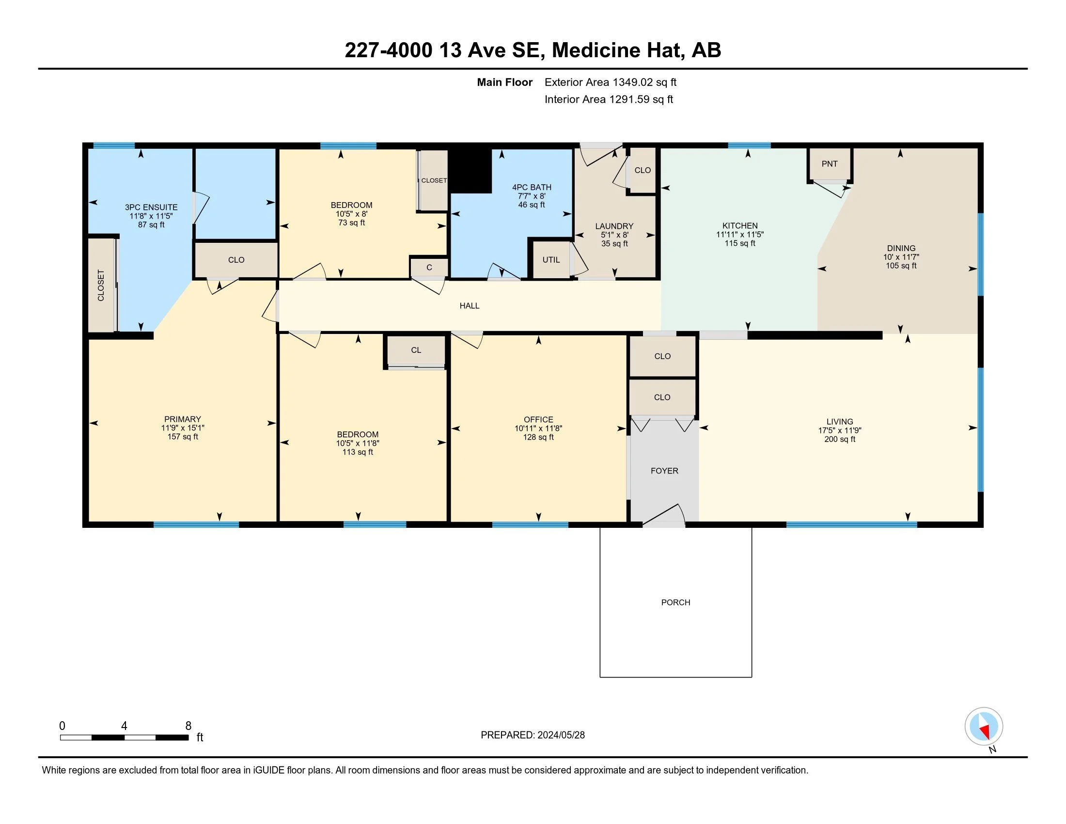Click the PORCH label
tap(675, 602)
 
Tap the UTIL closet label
tap(551, 260)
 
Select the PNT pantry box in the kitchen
tap(830, 164)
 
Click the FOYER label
tap(664, 471)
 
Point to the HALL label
tap(470, 305)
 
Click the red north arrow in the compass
tap(986, 731)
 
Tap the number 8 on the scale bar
tap(188, 726)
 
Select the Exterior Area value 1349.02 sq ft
tap(645, 82)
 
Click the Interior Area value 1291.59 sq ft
tap(642, 99)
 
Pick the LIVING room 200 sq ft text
tap(840, 439)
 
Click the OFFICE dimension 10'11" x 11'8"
tap(538, 428)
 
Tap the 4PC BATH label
tap(532, 188)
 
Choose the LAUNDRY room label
tap(614, 226)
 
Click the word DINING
tap(901, 249)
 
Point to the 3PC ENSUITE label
tap(151, 207)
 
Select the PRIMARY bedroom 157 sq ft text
tap(183, 437)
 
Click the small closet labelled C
tap(429, 268)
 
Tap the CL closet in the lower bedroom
tap(416, 350)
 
